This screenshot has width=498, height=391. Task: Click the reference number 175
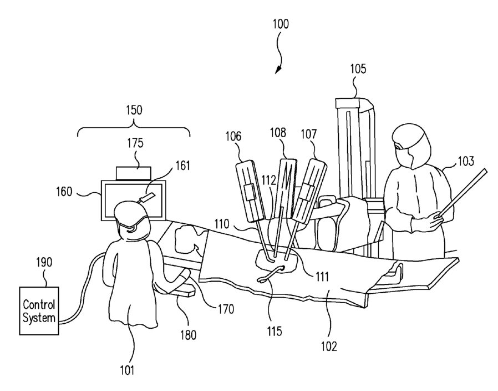[x=135, y=143]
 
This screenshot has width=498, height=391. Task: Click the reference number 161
[x=182, y=165]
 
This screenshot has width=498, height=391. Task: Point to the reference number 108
[x=279, y=133]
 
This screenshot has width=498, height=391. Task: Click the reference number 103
[x=466, y=162]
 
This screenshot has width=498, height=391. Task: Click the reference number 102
[x=329, y=346]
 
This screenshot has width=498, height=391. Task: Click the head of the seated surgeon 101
[x=131, y=220]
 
